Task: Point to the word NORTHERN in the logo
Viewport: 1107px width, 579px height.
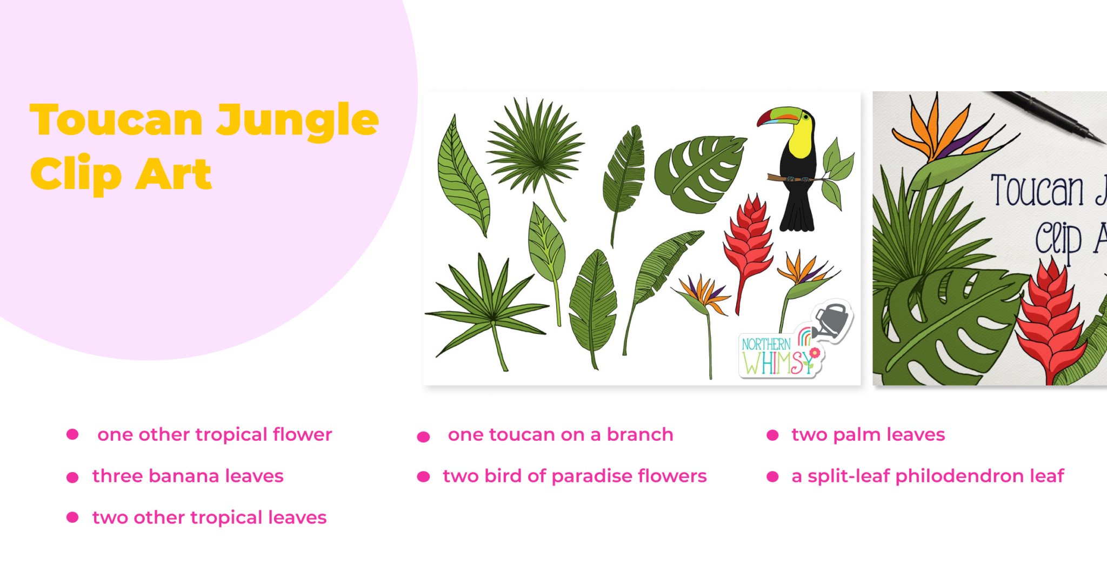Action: click(766, 344)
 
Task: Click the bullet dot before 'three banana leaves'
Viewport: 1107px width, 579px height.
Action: click(72, 477)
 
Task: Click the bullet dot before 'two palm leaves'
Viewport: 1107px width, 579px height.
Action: click(772, 435)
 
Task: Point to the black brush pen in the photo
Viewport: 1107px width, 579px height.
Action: click(1049, 116)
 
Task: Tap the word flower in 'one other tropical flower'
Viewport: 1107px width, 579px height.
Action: click(302, 435)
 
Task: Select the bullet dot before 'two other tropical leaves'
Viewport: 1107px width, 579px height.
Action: click(72, 517)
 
